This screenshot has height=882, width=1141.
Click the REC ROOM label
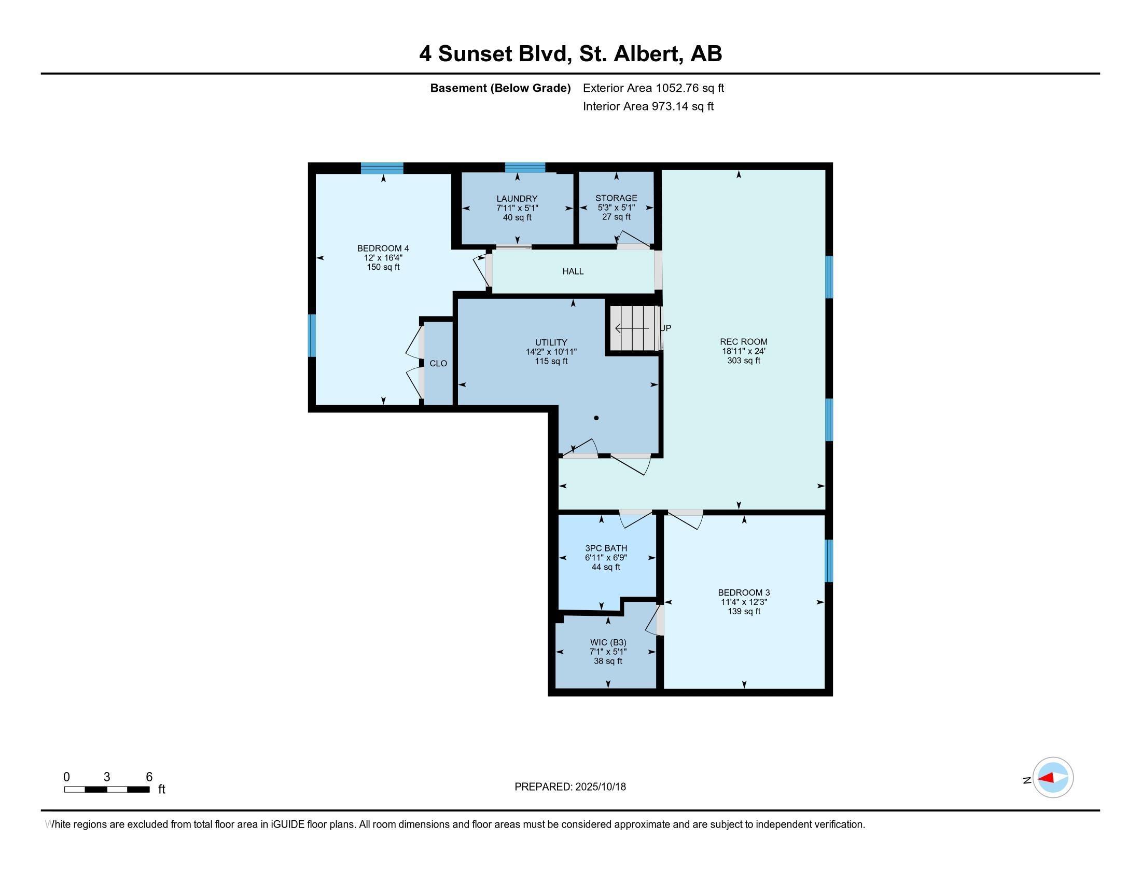point(743,342)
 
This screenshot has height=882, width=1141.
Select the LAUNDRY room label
point(517,199)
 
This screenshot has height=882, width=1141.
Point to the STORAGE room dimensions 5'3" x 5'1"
point(616,208)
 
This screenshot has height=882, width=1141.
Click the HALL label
point(573,271)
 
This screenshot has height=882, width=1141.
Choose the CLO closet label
point(438,363)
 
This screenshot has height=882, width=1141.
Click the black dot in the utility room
point(596,418)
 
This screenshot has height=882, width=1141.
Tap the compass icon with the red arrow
point(1053,778)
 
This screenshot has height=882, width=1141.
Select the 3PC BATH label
point(605,548)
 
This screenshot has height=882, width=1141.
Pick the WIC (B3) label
point(608,642)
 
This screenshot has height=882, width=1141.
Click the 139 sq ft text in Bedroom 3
point(743,611)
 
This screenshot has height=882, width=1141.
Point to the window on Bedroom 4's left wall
point(312,336)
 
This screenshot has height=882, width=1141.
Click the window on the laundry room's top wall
point(524,168)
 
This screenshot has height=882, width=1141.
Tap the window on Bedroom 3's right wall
point(829,561)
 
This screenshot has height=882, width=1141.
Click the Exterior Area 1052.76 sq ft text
point(653,88)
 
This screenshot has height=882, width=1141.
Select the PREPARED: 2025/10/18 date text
point(570,787)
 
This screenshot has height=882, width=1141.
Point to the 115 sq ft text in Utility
point(551,361)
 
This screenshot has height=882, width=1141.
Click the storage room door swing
point(633,239)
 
